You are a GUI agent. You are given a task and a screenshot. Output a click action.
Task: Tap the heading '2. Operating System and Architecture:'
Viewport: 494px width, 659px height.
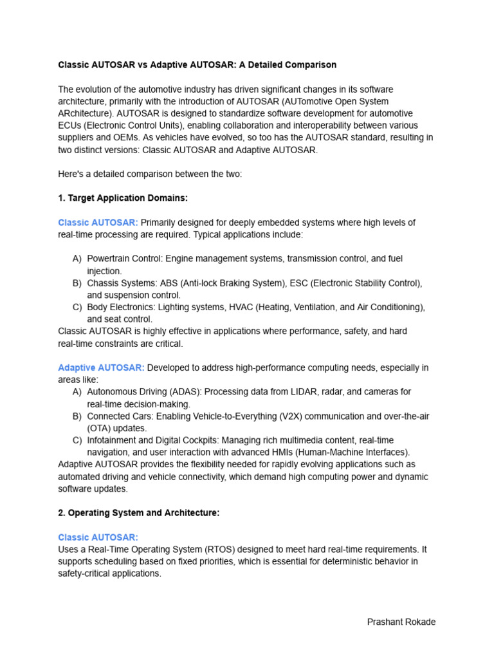tap(138, 513)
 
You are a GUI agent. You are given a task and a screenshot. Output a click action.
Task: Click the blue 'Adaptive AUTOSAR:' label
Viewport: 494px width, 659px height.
tap(101, 367)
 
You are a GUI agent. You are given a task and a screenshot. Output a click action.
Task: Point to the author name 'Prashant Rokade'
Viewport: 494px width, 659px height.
tap(401, 622)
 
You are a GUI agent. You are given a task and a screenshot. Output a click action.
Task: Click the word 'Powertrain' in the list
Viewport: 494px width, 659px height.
tap(109, 259)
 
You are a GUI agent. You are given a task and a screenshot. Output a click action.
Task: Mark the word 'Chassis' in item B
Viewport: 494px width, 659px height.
tap(103, 283)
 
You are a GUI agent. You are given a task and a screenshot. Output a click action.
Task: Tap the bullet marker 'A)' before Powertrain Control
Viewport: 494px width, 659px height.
tap(77, 259)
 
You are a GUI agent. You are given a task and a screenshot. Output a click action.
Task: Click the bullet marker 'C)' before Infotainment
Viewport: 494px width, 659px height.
tap(77, 440)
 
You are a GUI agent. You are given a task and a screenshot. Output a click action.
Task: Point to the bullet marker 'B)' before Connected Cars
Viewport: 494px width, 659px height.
tap(77, 416)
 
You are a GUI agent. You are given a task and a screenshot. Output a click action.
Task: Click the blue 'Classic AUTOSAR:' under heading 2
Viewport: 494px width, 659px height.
tap(98, 537)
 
